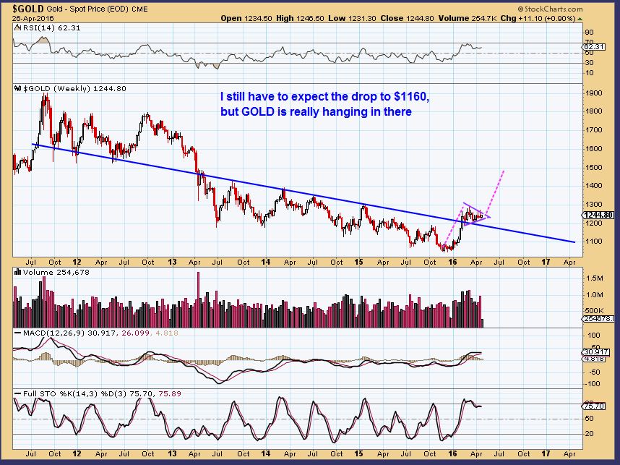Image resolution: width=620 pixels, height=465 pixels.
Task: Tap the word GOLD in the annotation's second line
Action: tap(259, 112)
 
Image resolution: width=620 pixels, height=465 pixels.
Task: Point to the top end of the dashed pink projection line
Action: tap(503, 170)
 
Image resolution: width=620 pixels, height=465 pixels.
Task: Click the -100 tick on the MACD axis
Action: tap(592, 383)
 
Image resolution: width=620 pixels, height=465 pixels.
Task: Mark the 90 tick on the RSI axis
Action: tap(589, 33)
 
